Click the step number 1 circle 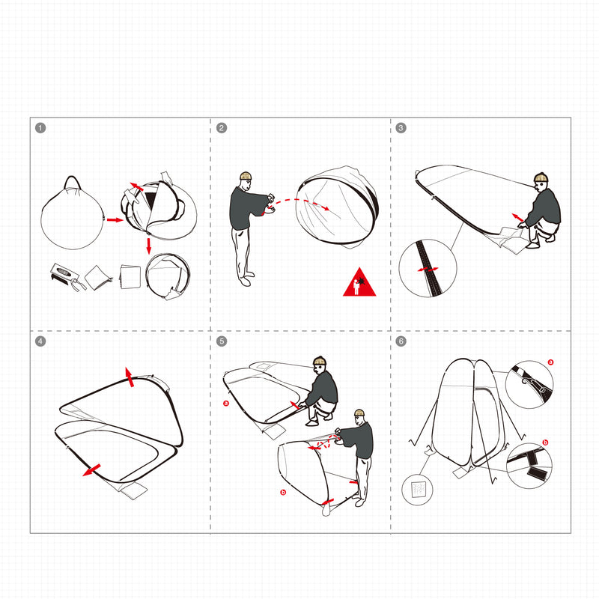[40, 128]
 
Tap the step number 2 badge [222, 128]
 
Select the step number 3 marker [401, 128]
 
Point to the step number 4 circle [40, 341]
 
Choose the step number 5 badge [222, 341]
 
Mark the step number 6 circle [401, 341]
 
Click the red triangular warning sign [359, 283]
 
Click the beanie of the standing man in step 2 [246, 176]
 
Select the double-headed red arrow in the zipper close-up [428, 270]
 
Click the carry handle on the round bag [72, 182]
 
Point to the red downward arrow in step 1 [148, 246]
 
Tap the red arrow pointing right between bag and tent [115, 220]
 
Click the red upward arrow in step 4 [130, 377]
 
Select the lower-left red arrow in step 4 [91, 470]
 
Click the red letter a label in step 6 [550, 362]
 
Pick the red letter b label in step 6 [545, 443]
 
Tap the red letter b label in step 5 [283, 492]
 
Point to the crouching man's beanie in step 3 [541, 177]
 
